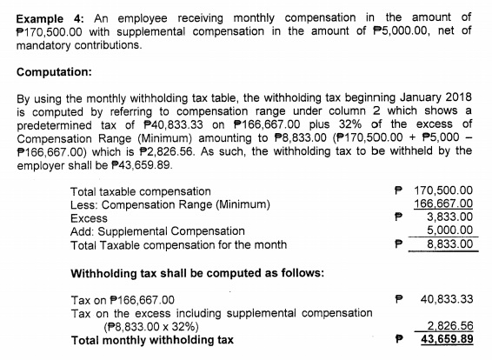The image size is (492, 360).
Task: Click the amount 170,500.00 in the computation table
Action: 443,190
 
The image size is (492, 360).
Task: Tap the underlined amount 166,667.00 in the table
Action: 443,204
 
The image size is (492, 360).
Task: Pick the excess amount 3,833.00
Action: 449,217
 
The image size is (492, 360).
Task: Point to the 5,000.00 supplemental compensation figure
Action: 449,230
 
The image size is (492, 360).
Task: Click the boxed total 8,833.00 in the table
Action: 449,244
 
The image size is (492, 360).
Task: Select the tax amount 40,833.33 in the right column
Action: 445,299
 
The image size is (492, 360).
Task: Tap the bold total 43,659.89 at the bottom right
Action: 446,339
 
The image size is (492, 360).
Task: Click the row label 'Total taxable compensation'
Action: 140,190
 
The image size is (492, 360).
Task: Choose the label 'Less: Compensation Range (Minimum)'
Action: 170,204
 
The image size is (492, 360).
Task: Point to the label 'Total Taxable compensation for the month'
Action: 177,244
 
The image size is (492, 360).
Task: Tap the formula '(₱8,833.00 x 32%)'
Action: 150,327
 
